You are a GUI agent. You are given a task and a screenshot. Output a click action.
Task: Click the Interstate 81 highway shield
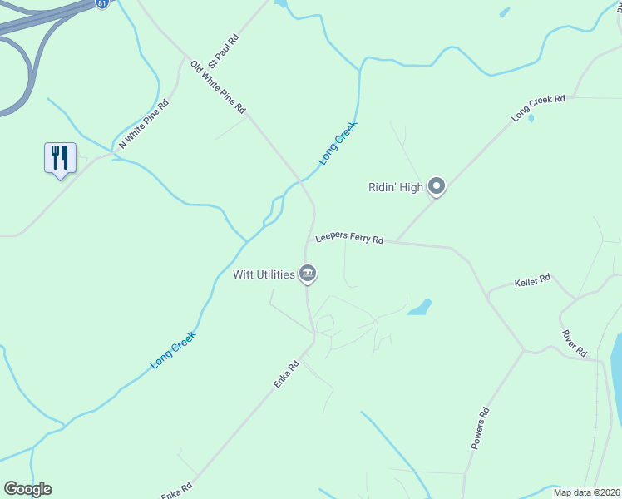click(x=101, y=4)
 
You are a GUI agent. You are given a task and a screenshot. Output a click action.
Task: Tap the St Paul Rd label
click(x=224, y=50)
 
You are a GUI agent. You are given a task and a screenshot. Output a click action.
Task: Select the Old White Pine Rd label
click(x=218, y=86)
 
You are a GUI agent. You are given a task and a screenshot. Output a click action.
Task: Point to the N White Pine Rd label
click(x=144, y=125)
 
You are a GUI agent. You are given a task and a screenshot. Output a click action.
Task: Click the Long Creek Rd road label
click(x=538, y=109)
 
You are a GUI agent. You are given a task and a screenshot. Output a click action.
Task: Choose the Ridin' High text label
click(x=396, y=187)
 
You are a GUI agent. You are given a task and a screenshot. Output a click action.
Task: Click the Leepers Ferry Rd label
click(x=349, y=240)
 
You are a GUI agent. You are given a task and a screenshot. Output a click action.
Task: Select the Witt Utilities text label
click(x=263, y=274)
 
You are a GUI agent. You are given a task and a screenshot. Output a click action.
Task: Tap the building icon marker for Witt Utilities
click(x=308, y=274)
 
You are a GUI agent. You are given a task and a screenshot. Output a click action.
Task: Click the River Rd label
click(x=574, y=340)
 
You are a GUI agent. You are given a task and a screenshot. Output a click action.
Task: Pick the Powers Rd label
click(x=480, y=428)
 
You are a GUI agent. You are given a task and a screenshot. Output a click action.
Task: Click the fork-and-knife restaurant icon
click(x=60, y=156)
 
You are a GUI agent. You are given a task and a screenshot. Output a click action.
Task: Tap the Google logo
click(x=27, y=489)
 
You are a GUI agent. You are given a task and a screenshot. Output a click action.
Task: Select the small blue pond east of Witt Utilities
click(x=420, y=308)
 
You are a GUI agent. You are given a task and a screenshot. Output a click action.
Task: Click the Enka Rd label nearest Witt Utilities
click(x=286, y=374)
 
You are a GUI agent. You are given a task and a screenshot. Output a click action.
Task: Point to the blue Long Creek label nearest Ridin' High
click(x=338, y=142)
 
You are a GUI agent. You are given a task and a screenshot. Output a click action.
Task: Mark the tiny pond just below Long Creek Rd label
click(x=531, y=118)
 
